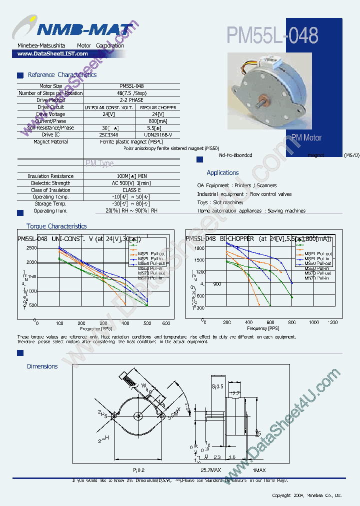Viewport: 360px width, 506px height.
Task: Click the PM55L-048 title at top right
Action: pyautogui.click(x=272, y=35)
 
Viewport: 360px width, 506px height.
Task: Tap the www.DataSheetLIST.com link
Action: pyautogui.click(x=49, y=53)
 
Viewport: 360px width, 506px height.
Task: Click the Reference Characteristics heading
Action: pyautogui.click(x=62, y=75)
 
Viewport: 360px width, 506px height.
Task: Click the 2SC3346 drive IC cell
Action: pyautogui.click(x=108, y=134)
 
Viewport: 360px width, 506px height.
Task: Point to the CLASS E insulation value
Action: pyautogui.click(x=131, y=190)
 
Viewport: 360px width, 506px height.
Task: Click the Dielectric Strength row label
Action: pyautogui.click(x=50, y=183)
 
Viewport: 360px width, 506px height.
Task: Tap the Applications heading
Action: pyautogui.click(x=222, y=173)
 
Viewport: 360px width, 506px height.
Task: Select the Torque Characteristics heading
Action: pyautogui.click(x=56, y=226)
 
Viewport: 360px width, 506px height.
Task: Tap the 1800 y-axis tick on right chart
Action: pyautogui.click(x=199, y=248)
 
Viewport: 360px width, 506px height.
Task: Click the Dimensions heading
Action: pyautogui.click(x=42, y=366)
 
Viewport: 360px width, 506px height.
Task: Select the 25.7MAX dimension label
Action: pyautogui.click(x=210, y=470)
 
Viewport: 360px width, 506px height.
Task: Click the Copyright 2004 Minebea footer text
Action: pyautogui.click(x=306, y=495)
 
